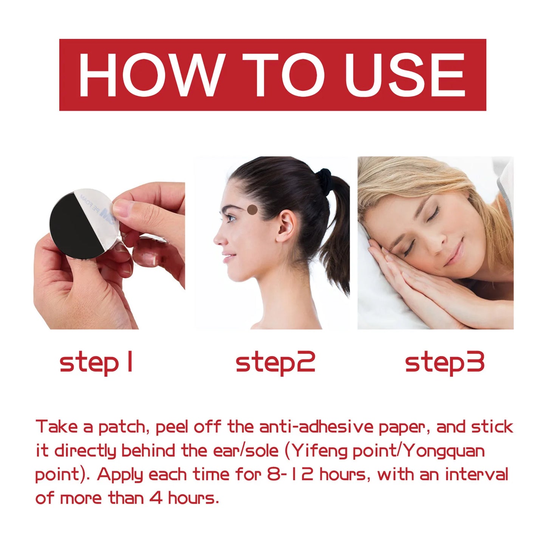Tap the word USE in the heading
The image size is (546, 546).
(x=404, y=74)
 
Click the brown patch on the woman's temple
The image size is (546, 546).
(x=252, y=209)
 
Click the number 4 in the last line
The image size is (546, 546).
(x=156, y=498)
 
